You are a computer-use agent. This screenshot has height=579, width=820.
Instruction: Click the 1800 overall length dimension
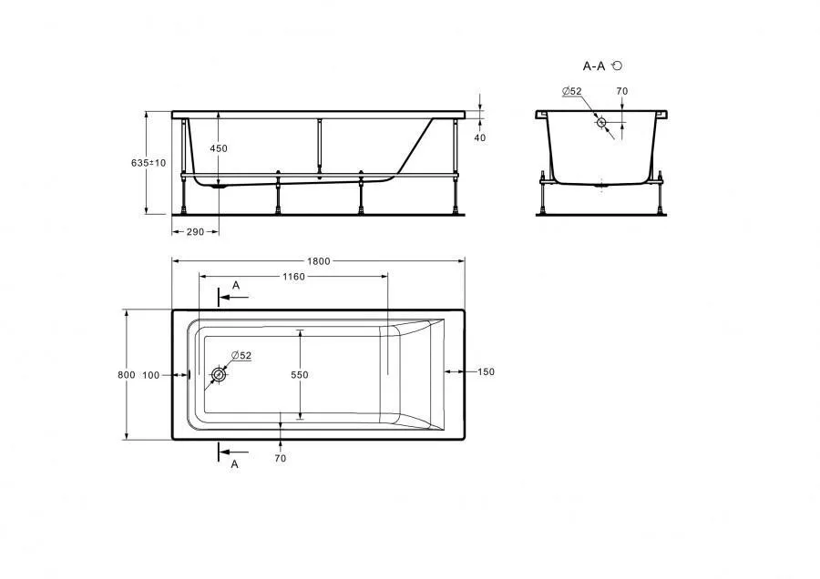[319, 261]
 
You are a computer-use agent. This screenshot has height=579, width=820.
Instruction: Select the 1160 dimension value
[293, 277]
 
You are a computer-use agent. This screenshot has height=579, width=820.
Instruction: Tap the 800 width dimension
[127, 375]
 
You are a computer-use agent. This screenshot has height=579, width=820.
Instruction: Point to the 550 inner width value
[300, 375]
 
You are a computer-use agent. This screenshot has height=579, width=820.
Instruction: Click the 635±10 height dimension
[149, 163]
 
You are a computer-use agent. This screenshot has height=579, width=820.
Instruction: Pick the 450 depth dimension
[219, 148]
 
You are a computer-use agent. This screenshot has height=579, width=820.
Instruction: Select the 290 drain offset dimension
[195, 232]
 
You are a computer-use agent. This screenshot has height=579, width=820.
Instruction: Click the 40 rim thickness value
[479, 138]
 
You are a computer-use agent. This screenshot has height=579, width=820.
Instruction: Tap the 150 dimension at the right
[486, 372]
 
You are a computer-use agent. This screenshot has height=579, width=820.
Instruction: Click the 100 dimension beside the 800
[150, 375]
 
